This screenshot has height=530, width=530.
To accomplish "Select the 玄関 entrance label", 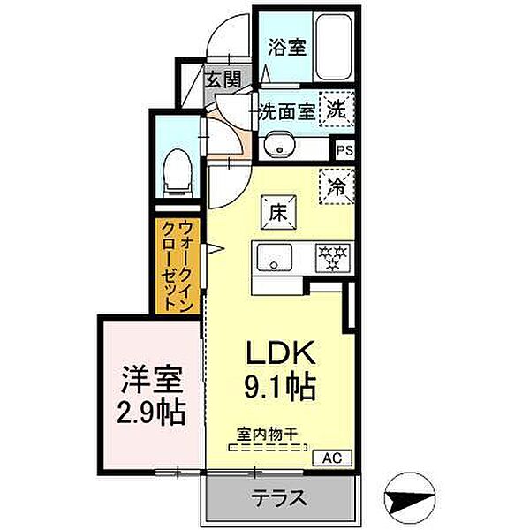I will (x=223, y=78).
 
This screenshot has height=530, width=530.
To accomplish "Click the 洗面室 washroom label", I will (x=286, y=112).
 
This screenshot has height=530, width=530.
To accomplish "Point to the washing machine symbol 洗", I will (x=337, y=110).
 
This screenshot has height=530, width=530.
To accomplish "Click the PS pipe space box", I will (x=344, y=150).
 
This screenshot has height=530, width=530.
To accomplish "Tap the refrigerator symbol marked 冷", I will (x=337, y=186).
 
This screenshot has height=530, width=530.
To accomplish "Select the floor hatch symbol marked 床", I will (x=276, y=213).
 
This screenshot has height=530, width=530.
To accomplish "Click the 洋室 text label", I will (x=152, y=381).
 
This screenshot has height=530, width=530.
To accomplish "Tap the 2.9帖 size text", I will (x=152, y=413).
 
